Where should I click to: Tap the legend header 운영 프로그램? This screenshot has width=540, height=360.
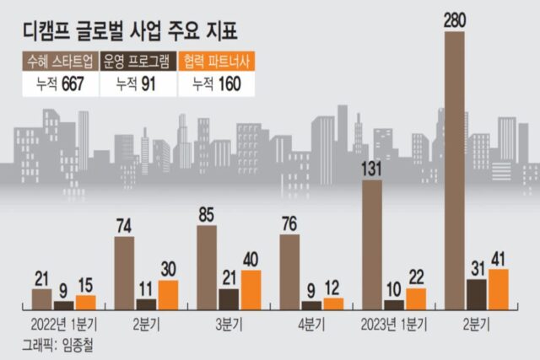tap(138, 61)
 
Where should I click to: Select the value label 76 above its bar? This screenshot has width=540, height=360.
tap(289, 224)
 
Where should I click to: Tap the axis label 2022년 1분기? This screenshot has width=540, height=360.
tap(62, 324)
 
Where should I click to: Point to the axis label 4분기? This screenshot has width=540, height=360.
tap(312, 324)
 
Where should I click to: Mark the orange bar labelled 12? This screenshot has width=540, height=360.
tap(333, 304)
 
